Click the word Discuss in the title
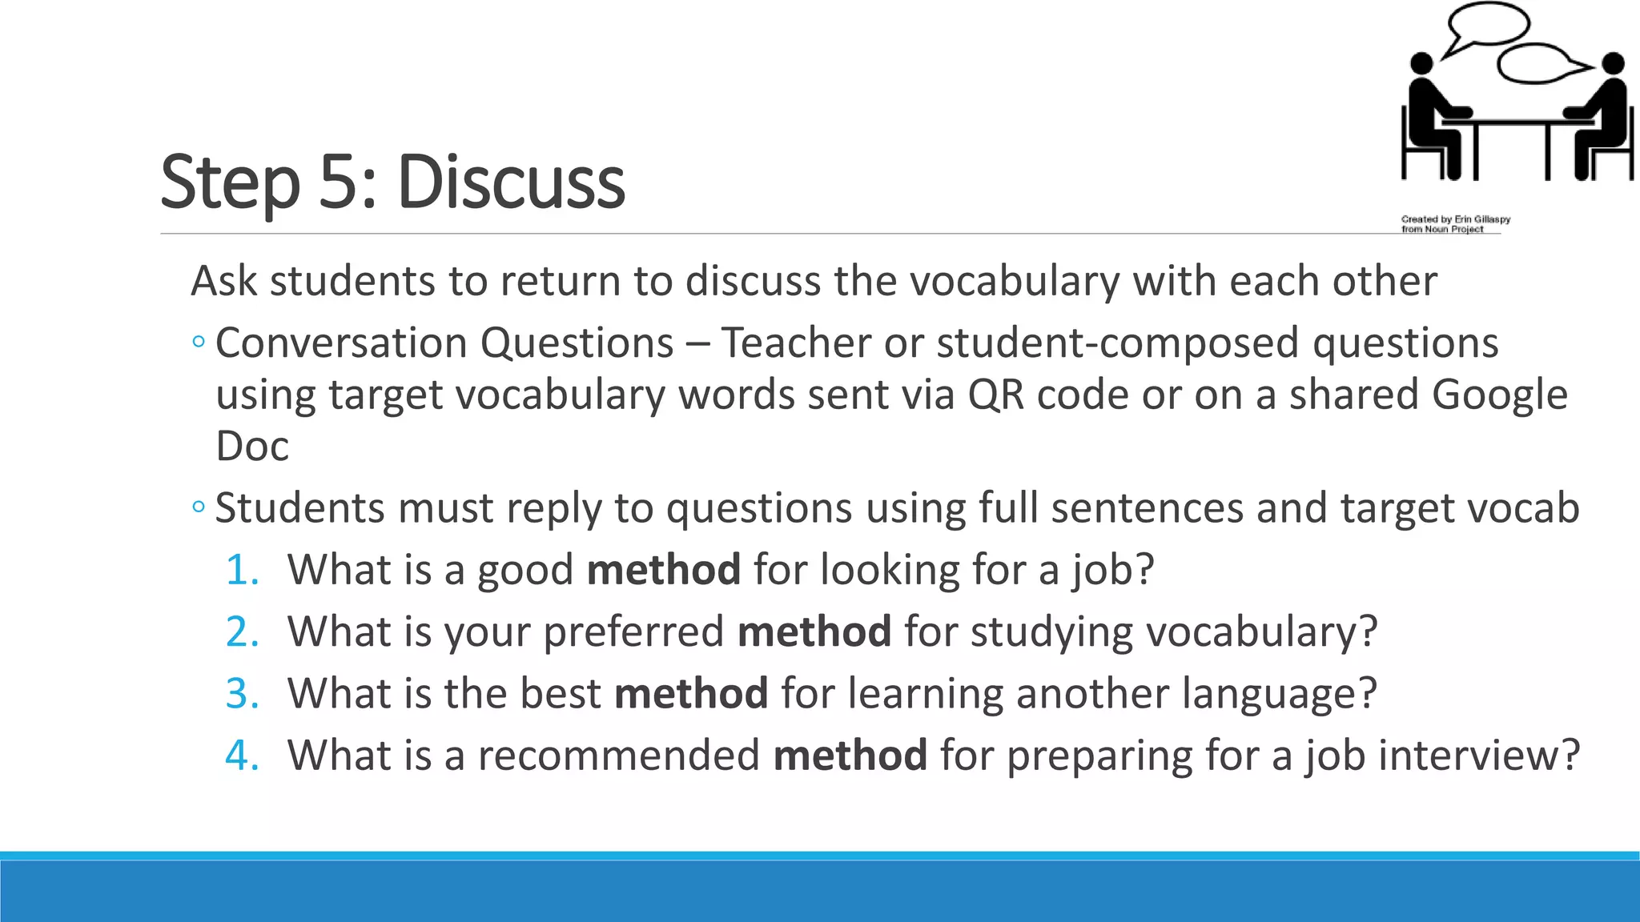point(511,182)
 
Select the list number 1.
point(241,571)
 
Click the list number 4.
point(241,756)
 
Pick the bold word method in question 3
point(691,693)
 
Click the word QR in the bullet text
point(995,395)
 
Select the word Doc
point(252,447)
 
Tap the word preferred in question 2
point(633,632)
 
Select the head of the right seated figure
point(1613,63)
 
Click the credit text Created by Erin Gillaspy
point(1455,219)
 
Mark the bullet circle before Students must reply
point(199,507)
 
